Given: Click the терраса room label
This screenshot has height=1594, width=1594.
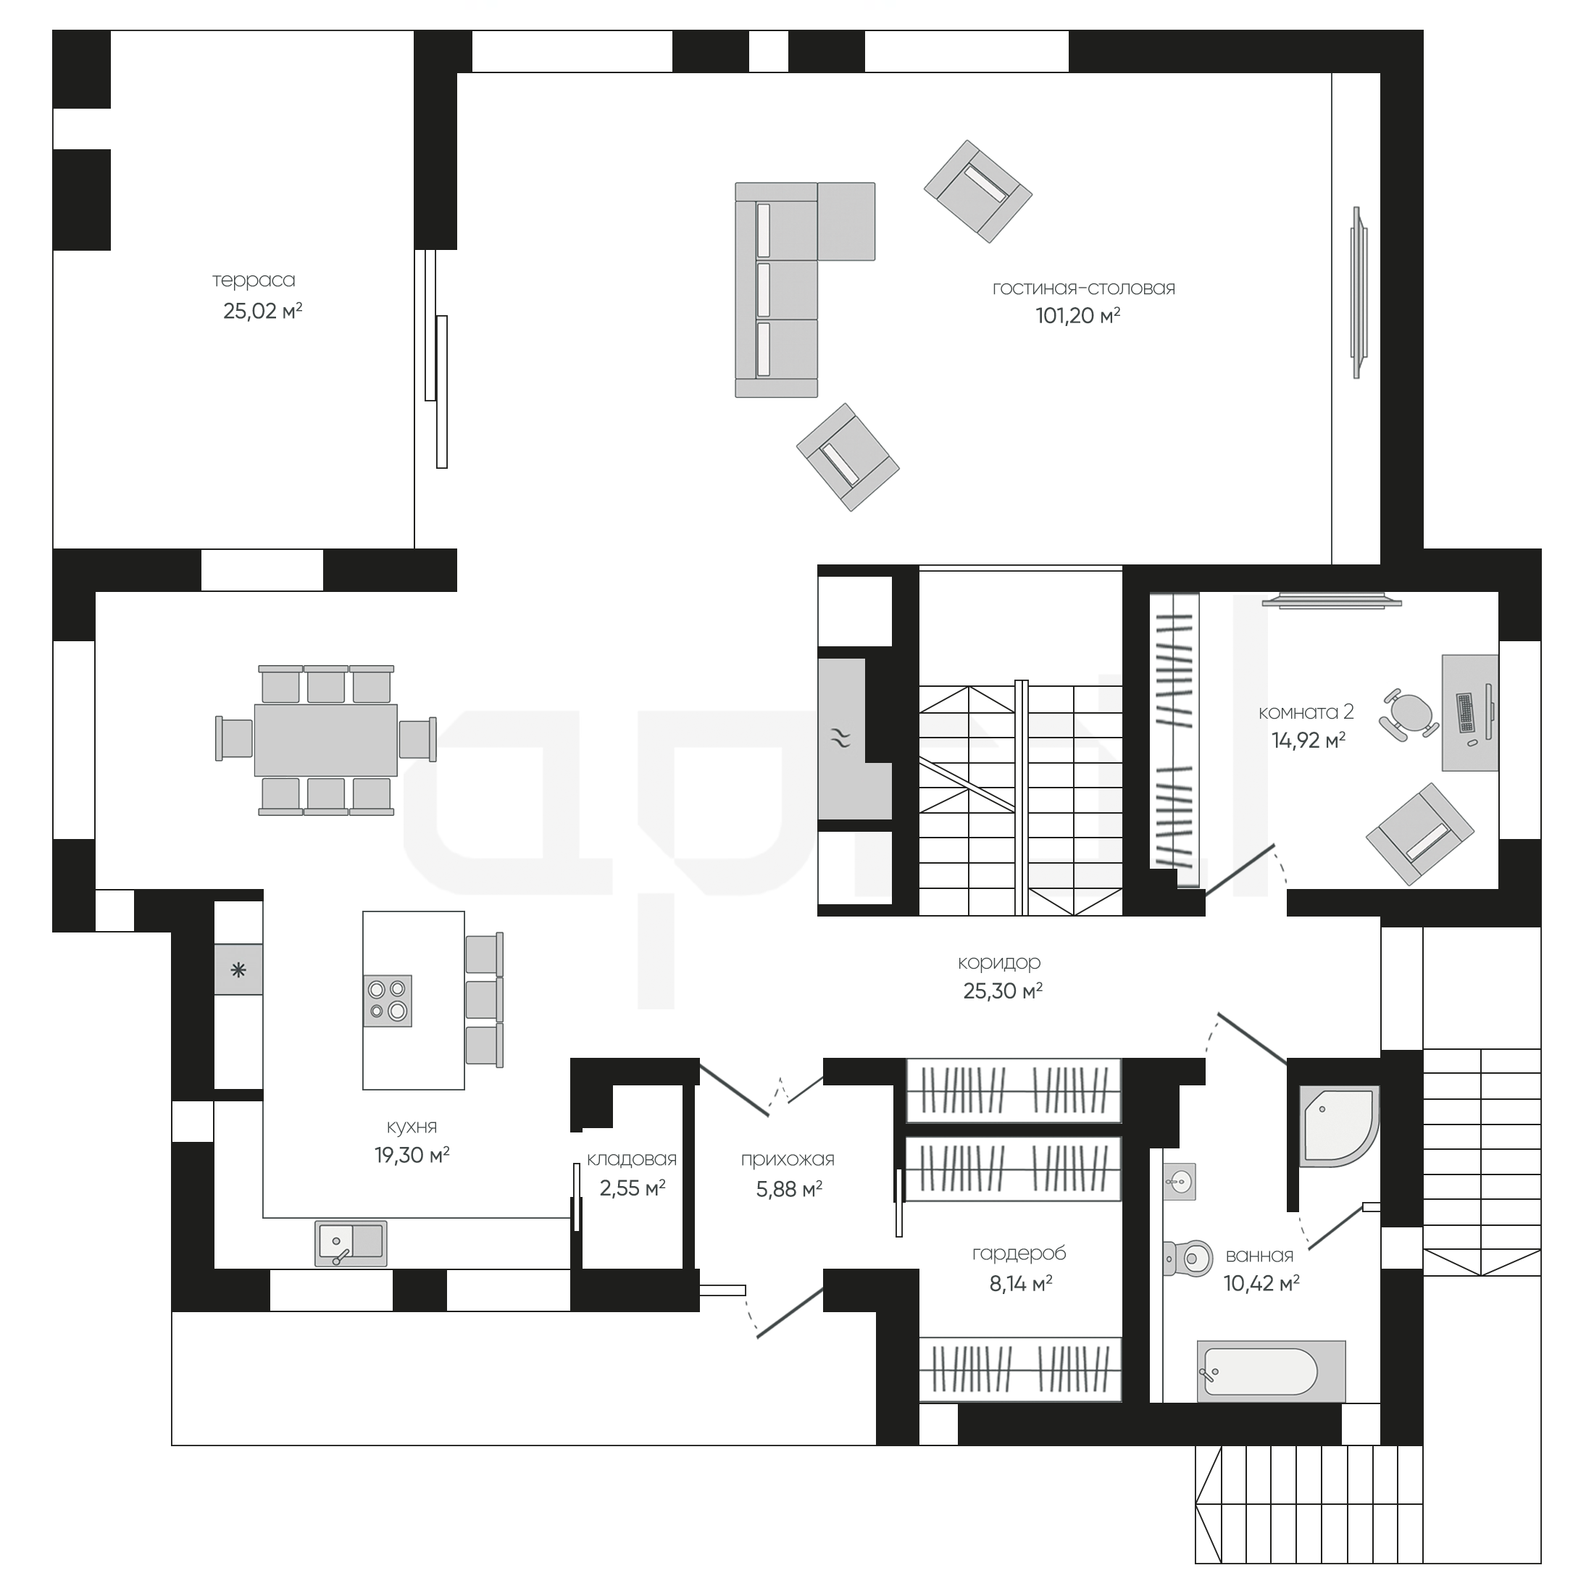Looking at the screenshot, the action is coord(254,280).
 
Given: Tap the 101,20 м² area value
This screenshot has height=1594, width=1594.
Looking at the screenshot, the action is coord(1077,315).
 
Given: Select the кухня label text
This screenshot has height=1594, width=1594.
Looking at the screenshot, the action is coord(412,1127).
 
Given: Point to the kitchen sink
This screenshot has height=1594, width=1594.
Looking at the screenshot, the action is coord(351,1243).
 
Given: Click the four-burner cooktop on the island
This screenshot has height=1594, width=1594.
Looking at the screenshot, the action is coord(388,1001).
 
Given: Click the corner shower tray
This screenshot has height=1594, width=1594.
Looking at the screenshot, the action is coord(1339,1126).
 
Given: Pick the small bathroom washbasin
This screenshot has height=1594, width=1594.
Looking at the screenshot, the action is coord(1180,1182).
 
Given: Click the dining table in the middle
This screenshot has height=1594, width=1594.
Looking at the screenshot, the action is coord(326,740).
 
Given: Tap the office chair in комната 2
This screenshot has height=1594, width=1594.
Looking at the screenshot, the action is coord(1409,713).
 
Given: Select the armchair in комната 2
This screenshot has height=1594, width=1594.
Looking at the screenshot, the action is coord(1420,834).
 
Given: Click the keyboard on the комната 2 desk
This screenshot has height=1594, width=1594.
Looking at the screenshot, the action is coord(1466,713).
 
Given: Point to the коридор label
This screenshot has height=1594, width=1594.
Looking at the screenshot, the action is coord(999,963).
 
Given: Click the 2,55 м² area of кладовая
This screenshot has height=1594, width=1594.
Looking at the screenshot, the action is coord(632,1188).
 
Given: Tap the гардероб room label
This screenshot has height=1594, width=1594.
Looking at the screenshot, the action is coord(1019,1254).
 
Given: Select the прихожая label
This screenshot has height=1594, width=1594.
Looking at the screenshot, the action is coord(788,1160).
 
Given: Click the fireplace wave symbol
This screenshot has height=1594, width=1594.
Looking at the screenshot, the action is coord(840,738).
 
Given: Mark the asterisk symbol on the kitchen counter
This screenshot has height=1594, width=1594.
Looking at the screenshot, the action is coord(238,971).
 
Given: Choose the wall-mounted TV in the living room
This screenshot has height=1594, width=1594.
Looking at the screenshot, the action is coord(1358,293).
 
